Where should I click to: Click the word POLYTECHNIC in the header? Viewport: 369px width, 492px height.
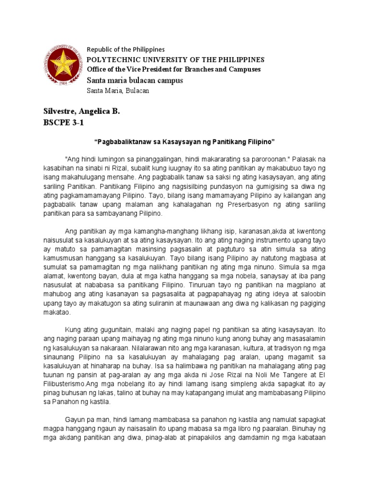109,60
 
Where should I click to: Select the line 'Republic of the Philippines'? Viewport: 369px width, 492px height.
125,49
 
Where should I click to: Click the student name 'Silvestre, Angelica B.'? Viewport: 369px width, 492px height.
82,111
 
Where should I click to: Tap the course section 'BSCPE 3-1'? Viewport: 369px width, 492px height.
63,123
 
